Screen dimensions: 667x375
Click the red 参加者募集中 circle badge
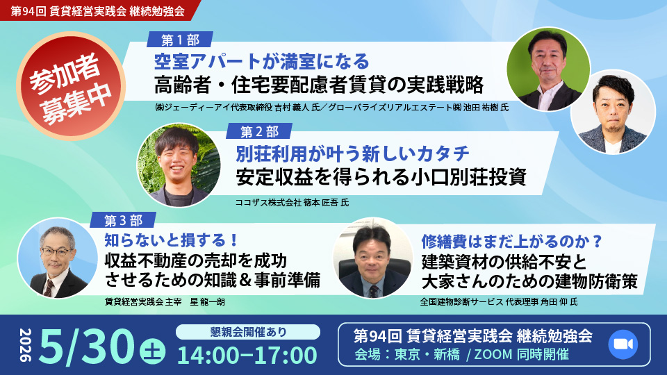(x=71, y=86)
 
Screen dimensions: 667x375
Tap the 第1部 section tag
(x=180, y=40)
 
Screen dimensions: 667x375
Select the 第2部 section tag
(x=259, y=131)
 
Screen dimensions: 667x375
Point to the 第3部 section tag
(x=123, y=220)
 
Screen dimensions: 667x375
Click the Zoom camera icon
(x=623, y=344)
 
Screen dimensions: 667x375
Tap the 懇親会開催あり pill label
(x=248, y=332)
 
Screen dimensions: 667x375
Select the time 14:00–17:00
(x=247, y=356)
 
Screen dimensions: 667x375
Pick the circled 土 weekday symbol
(x=153, y=352)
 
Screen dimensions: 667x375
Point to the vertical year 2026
(x=26, y=345)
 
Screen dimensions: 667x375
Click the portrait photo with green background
(x=548, y=69)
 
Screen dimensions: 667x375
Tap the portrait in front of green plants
(x=179, y=165)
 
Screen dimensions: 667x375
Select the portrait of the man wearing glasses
(x=58, y=258)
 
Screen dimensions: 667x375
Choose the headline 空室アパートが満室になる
(x=261, y=62)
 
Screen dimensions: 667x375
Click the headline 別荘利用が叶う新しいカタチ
(x=353, y=153)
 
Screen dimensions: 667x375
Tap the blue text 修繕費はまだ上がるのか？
(x=512, y=242)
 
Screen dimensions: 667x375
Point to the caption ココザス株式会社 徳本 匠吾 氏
(x=293, y=202)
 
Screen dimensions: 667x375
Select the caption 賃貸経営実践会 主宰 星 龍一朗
(x=165, y=302)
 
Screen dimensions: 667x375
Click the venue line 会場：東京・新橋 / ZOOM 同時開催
(x=462, y=354)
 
